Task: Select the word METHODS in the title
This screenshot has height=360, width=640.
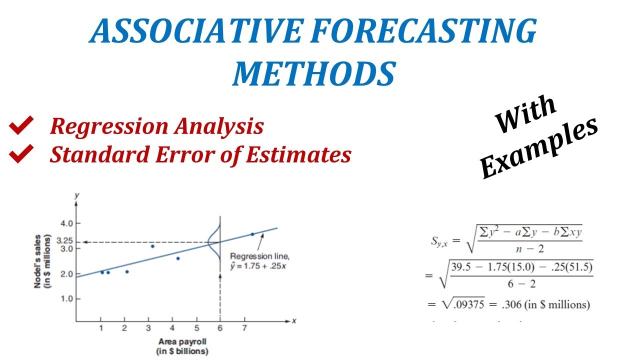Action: click(313, 73)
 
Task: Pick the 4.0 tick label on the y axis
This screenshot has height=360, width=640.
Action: click(67, 223)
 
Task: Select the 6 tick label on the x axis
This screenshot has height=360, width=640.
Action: click(220, 328)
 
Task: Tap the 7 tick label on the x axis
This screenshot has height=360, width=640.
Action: click(244, 328)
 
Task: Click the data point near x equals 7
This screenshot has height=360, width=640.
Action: click(252, 234)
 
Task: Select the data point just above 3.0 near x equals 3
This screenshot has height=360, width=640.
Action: click(152, 246)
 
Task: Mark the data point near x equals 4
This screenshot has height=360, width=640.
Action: click(177, 258)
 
